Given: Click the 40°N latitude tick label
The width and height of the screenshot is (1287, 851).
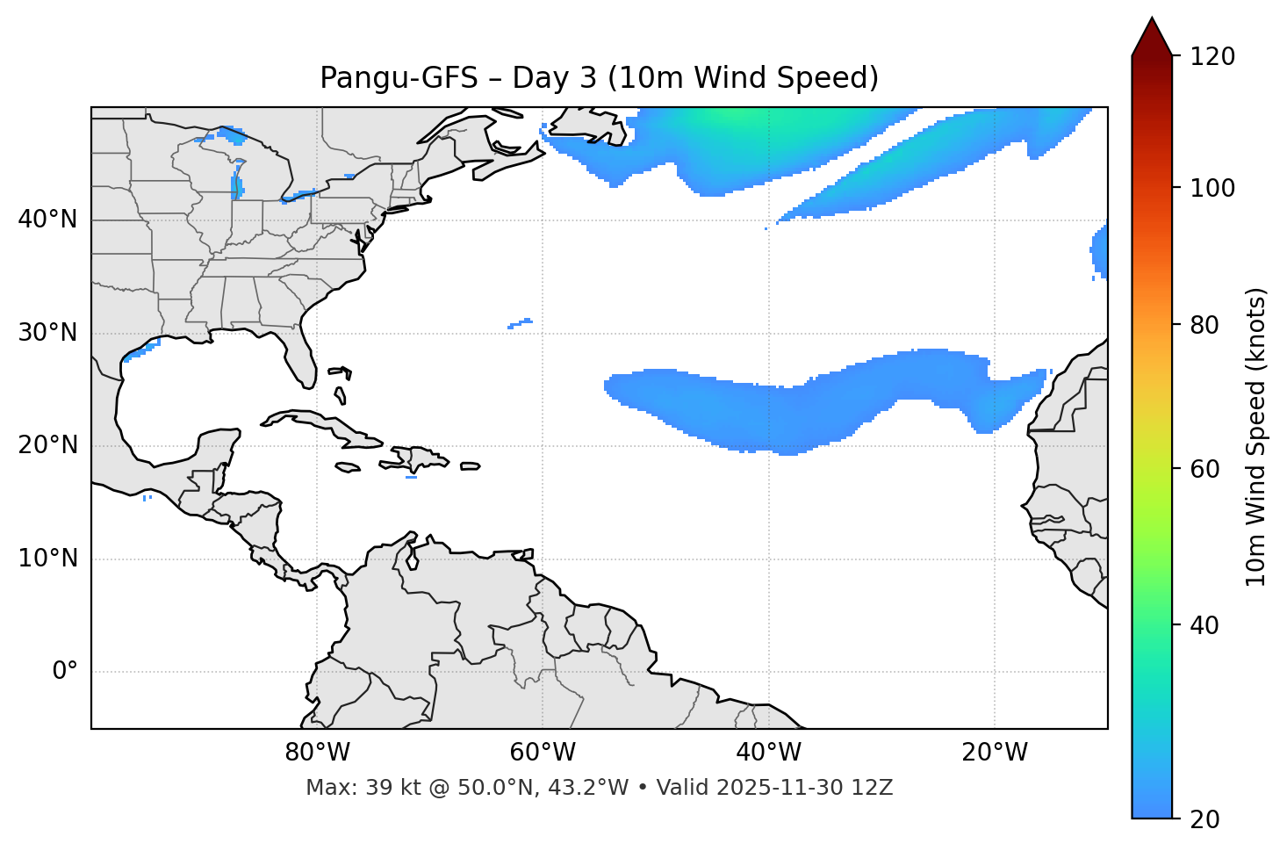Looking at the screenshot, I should click(47, 220).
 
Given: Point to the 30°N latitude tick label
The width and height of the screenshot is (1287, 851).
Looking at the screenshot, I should click(47, 333).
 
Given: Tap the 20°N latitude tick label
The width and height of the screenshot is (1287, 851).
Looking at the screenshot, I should click(47, 445).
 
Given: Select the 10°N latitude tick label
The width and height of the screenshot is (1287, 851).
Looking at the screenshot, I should click(47, 559).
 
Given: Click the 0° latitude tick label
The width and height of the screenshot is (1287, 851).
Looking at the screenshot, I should click(65, 672).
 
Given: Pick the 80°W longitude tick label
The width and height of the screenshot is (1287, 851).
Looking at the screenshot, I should click(317, 753).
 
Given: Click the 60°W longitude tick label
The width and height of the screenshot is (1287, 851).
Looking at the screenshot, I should click(543, 753).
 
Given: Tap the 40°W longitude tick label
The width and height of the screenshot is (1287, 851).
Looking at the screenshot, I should click(768, 753).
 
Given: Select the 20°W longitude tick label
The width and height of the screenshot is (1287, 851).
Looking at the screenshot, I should click(994, 753).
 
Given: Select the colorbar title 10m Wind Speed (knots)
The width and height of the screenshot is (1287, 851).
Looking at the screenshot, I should click(1256, 437).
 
